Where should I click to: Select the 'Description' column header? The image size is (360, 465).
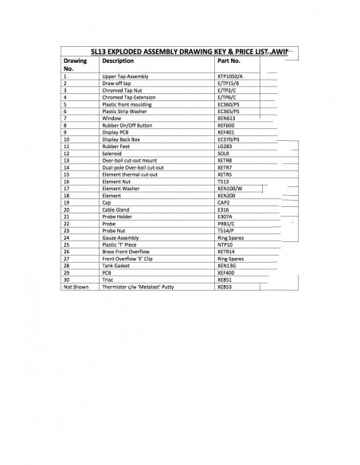pyautogui.click(x=119, y=61)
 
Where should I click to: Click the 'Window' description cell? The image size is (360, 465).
pyautogui.click(x=112, y=119)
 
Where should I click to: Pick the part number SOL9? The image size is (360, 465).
pyautogui.click(x=224, y=154)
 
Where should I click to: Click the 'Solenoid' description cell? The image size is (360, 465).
pyautogui.click(x=115, y=154)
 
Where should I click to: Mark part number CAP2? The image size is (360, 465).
pyautogui.click(x=224, y=202)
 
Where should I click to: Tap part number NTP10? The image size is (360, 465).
pyautogui.click(x=225, y=244)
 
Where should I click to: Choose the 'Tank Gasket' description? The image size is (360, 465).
pyautogui.click(x=118, y=265)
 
